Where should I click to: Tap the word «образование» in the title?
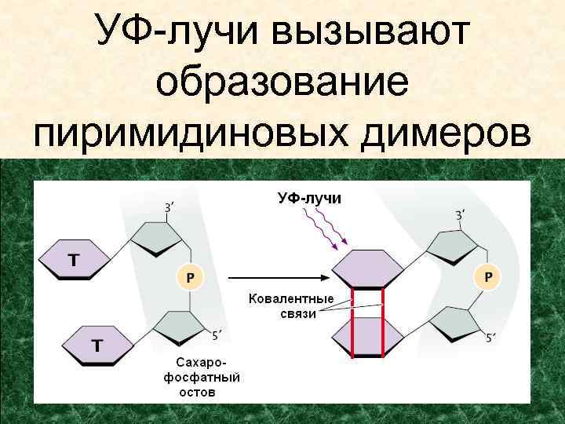[x=282, y=82]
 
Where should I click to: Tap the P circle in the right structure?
[x=489, y=276]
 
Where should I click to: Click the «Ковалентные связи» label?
[x=291, y=306]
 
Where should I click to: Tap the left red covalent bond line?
[x=352, y=322]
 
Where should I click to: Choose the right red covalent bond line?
[x=382, y=322]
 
